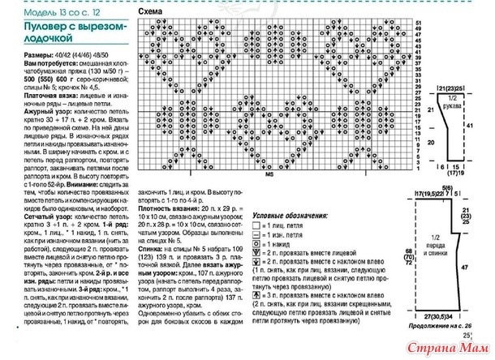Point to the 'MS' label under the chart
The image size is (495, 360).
[269, 172]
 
